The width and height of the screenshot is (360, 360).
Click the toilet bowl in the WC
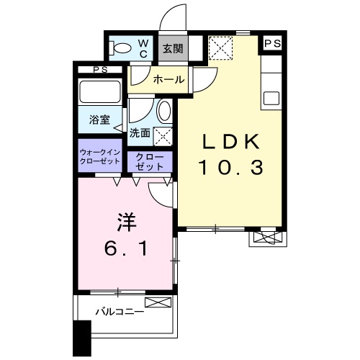tap(124, 49)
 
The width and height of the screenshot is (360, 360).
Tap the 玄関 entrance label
tap(171, 50)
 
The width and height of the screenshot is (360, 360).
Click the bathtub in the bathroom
tap(100, 92)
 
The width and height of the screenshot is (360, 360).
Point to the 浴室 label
tap(99, 120)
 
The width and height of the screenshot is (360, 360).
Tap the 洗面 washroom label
tap(140, 133)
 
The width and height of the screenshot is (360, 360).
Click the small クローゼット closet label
tap(150, 161)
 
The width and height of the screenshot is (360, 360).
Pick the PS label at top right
tap(272, 45)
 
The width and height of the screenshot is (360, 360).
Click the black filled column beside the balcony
tap(83, 338)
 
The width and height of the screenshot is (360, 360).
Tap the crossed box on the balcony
tap(157, 302)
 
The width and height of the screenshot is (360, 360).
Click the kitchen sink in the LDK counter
tap(271, 97)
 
